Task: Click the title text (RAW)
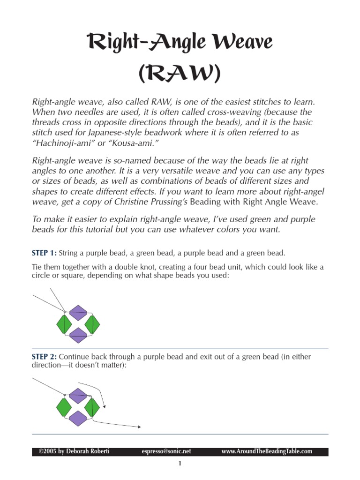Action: (x=180, y=74)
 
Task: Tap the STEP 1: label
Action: (x=44, y=253)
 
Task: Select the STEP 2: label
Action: (x=44, y=357)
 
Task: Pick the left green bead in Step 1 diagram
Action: (x=64, y=323)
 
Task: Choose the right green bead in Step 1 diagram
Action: (x=92, y=323)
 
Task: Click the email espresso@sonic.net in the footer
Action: (x=166, y=451)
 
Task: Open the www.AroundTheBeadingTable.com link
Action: (x=266, y=451)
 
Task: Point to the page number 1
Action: (x=180, y=464)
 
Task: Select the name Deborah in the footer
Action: (x=77, y=451)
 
